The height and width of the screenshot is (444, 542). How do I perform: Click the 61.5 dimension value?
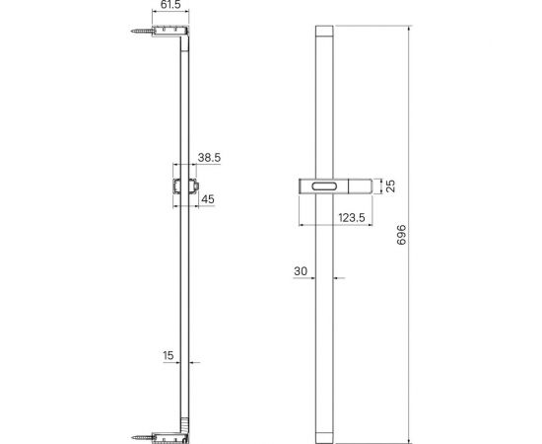[170, 5]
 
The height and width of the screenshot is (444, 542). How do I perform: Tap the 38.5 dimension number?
[209, 158]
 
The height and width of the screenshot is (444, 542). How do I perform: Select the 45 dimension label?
[208, 199]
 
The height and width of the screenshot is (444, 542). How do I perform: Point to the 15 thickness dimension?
[168, 355]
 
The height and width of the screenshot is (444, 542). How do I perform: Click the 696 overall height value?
[401, 235]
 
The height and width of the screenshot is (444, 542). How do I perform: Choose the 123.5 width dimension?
[352, 218]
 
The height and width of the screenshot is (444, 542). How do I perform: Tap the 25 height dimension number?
[390, 186]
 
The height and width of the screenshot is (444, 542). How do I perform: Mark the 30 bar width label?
[301, 271]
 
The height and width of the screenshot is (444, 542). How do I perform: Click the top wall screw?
[142, 32]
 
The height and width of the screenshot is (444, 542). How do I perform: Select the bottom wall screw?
[142, 437]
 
